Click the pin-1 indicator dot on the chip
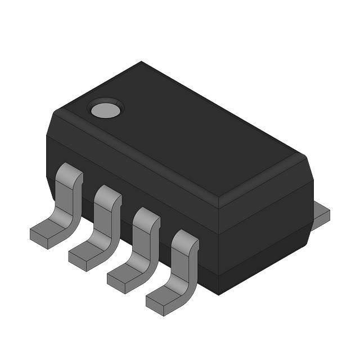point(106,109)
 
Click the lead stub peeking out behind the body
point(321,212)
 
